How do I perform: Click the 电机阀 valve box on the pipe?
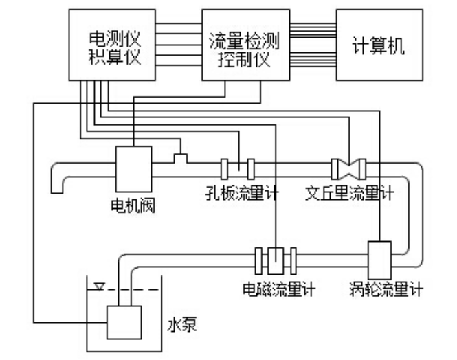tap(133, 168)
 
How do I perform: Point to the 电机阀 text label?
tap(133, 206)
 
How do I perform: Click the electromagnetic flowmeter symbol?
tap(275, 259)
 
